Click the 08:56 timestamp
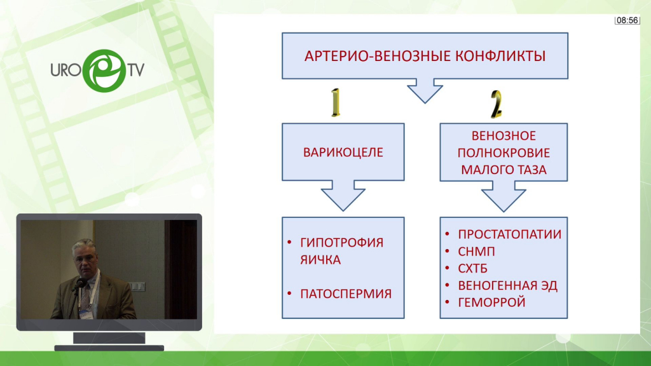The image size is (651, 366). tap(627, 20)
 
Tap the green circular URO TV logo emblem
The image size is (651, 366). tap(104, 71)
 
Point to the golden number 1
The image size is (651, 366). tap(336, 102)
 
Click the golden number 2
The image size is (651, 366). tap(496, 104)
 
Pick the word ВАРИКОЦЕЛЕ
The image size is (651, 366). tap(343, 152)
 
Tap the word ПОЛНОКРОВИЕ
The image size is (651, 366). tap(504, 152)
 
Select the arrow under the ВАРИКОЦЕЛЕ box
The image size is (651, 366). tap(343, 196)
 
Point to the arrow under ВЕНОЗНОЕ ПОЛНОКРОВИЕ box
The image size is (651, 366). tap(504, 196)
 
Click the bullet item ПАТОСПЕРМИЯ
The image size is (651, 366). tap(346, 294)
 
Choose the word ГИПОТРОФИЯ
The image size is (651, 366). tap(341, 243)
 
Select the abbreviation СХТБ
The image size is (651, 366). tap(472, 269)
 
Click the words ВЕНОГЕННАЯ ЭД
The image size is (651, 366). tap(507, 285)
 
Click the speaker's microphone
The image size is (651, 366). tap(79, 284)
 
